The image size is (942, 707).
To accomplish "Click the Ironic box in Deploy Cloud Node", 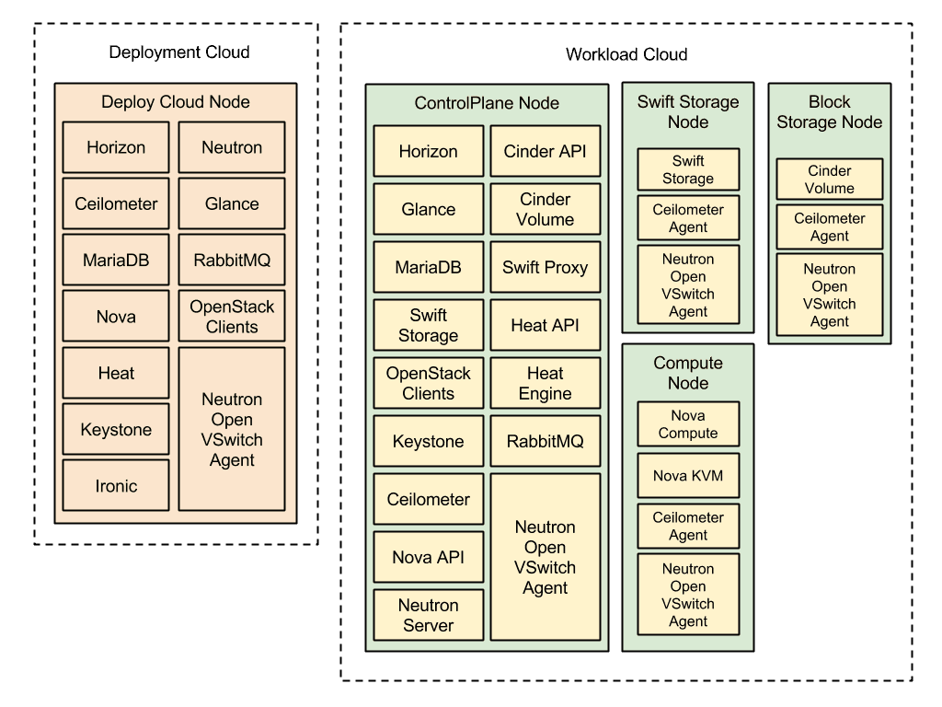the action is pyautogui.click(x=116, y=485).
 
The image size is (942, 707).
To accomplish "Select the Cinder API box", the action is pyautogui.click(x=545, y=151).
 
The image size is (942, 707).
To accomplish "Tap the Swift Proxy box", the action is pyautogui.click(x=545, y=267).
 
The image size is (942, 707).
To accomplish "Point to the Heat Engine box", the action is pyautogui.click(x=545, y=383).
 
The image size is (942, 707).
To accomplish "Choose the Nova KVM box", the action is pyautogui.click(x=688, y=476).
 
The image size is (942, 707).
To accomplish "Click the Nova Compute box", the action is pyautogui.click(x=688, y=423).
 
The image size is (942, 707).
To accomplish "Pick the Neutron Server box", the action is pyautogui.click(x=429, y=614).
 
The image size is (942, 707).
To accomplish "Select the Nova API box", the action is pyautogui.click(x=429, y=557).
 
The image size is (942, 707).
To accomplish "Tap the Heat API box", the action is pyautogui.click(x=545, y=325).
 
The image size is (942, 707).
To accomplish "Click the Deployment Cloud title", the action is pyautogui.click(x=179, y=52).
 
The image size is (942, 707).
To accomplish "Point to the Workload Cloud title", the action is pyautogui.click(x=626, y=54).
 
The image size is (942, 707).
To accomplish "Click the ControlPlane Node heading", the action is pyautogui.click(x=487, y=103).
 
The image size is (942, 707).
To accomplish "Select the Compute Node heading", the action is pyautogui.click(x=688, y=373).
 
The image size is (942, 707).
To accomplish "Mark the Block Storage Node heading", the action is pyautogui.click(x=829, y=111).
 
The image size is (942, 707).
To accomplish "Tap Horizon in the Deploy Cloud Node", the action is pyautogui.click(x=116, y=147).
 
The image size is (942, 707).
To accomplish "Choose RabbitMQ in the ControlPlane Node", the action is pyautogui.click(x=545, y=441).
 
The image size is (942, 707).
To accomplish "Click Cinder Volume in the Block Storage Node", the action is pyautogui.click(x=829, y=180).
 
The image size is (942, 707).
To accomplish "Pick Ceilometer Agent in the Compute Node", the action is pyautogui.click(x=688, y=526).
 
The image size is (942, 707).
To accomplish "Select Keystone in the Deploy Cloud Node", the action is pyautogui.click(x=116, y=429).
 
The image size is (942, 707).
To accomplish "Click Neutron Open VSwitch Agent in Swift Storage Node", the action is pyautogui.click(x=688, y=285).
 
